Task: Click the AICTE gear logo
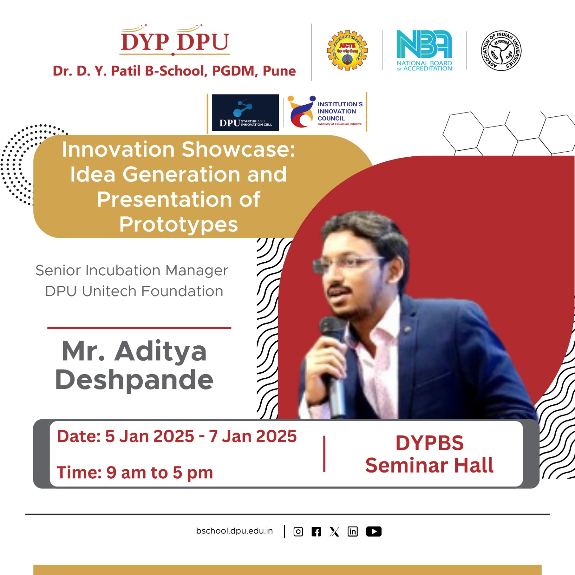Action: (x=347, y=50)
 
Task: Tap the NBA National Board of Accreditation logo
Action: (x=424, y=50)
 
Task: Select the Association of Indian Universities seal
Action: (x=501, y=50)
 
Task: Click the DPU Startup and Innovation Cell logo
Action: (x=245, y=112)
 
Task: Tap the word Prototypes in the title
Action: (x=179, y=225)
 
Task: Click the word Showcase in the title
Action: (x=238, y=149)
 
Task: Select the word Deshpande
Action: (x=134, y=380)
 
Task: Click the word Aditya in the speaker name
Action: (x=160, y=351)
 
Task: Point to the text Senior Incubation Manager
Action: (x=132, y=270)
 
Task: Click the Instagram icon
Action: (x=298, y=532)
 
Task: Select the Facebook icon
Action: (x=316, y=532)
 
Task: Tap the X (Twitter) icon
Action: (x=334, y=532)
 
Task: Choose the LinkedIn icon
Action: (x=353, y=532)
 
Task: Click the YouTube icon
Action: (x=374, y=532)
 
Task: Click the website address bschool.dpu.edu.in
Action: (x=234, y=531)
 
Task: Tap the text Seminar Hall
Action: (x=429, y=465)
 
